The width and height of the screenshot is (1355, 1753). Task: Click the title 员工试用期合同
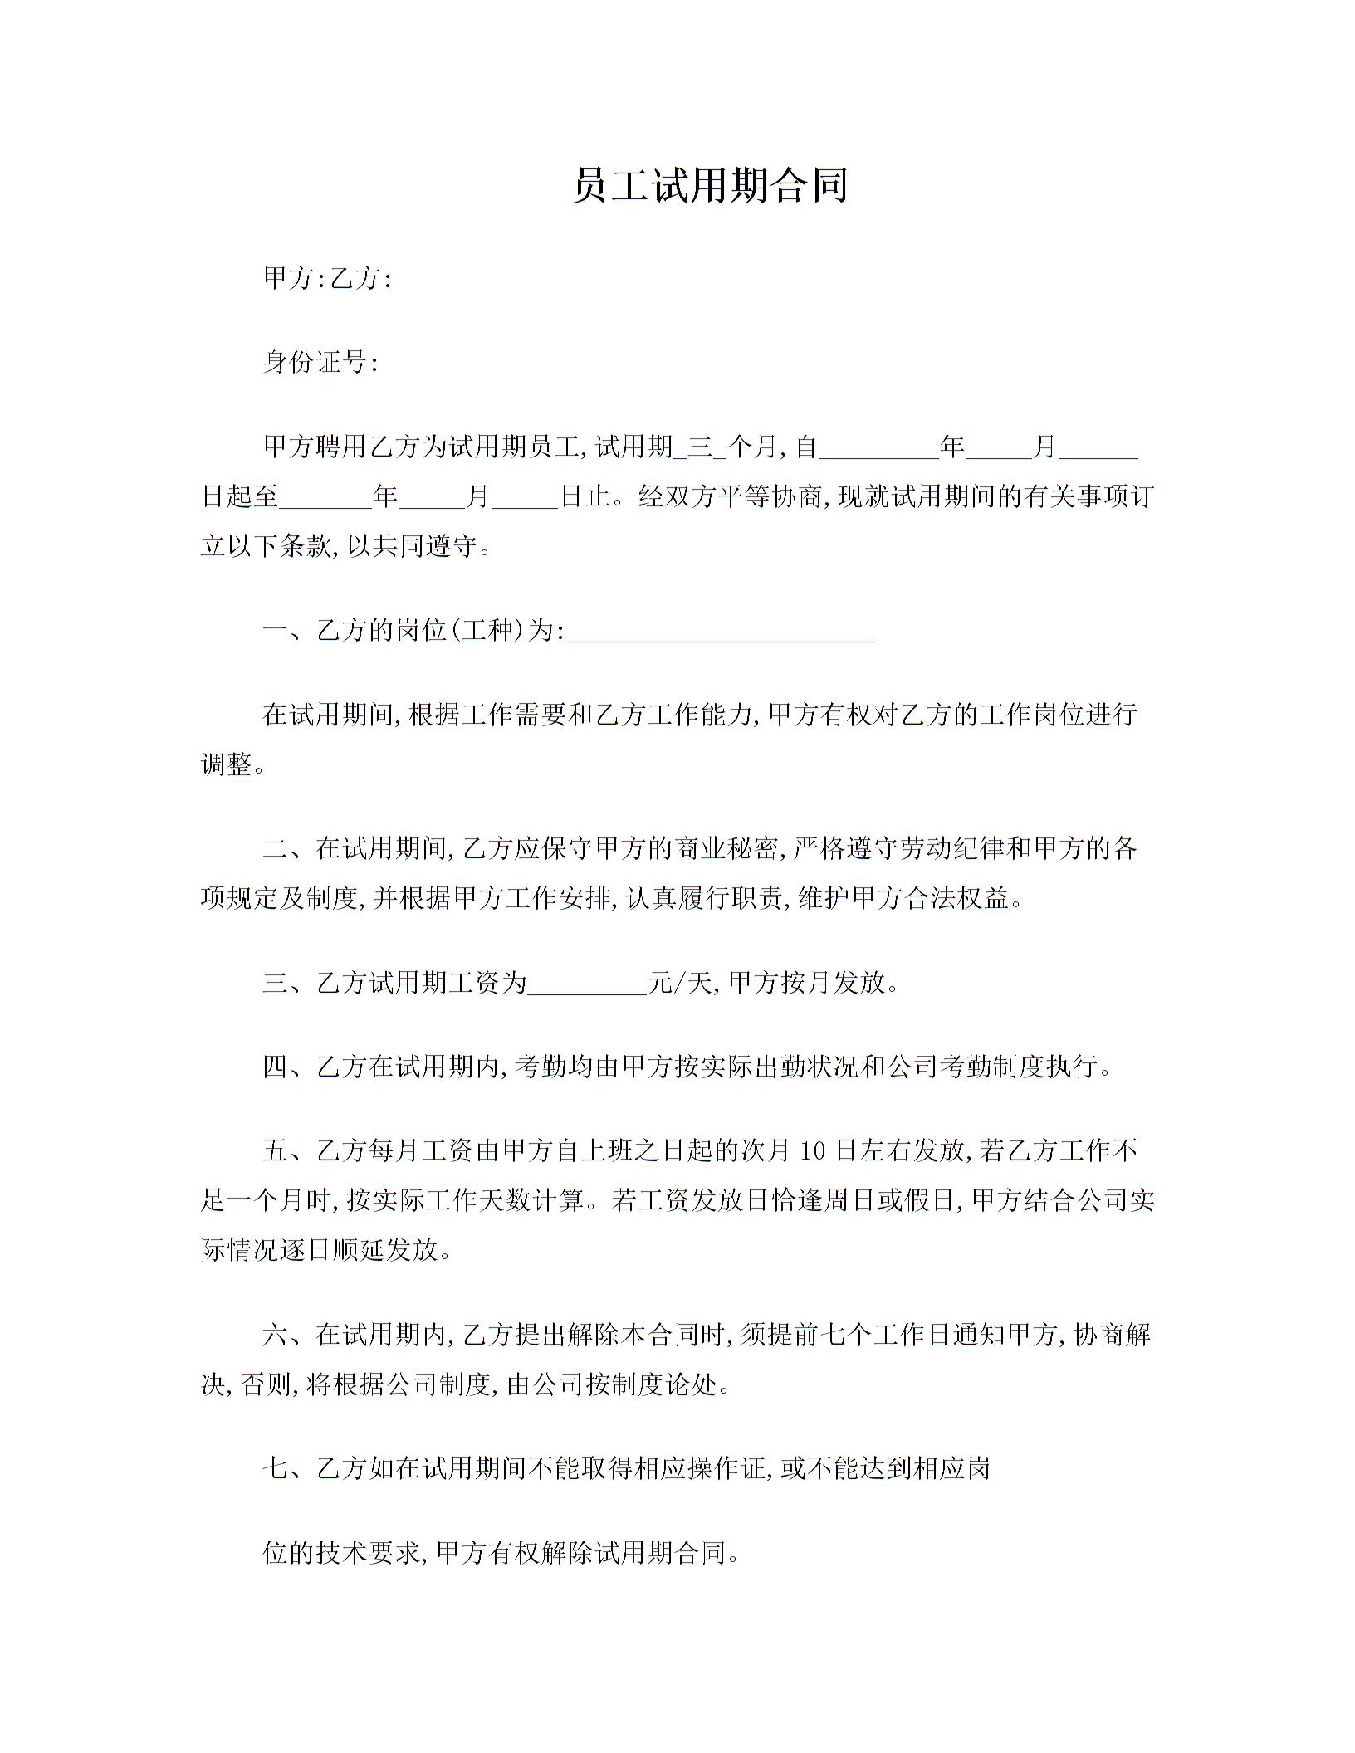[x=709, y=186]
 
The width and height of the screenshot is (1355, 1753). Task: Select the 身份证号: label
[x=320, y=362]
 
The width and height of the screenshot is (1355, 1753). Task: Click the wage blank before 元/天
[x=587, y=984]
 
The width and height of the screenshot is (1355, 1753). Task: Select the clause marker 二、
[x=288, y=848]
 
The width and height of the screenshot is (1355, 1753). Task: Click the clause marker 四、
[x=288, y=1067]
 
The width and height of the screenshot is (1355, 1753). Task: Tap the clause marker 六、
[x=288, y=1335]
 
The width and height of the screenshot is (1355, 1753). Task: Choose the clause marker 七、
[x=288, y=1469]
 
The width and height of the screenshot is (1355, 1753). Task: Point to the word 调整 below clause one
[x=227, y=764]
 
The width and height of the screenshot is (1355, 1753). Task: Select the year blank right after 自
[x=878, y=447]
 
